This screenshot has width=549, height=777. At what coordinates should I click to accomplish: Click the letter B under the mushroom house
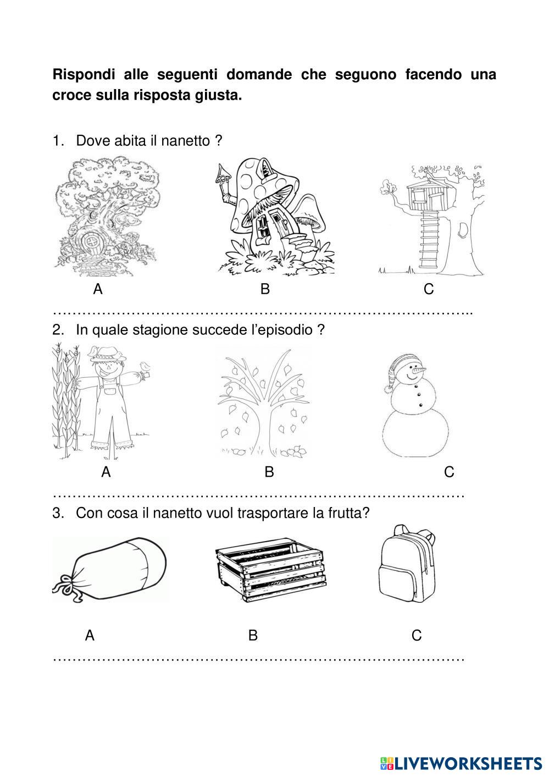pyautogui.click(x=265, y=289)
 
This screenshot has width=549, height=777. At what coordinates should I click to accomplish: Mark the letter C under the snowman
pyautogui.click(x=448, y=472)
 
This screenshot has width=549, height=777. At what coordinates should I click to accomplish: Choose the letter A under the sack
pyautogui.click(x=90, y=636)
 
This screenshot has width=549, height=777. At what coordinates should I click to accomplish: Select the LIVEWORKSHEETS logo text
pyautogui.click(x=468, y=763)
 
